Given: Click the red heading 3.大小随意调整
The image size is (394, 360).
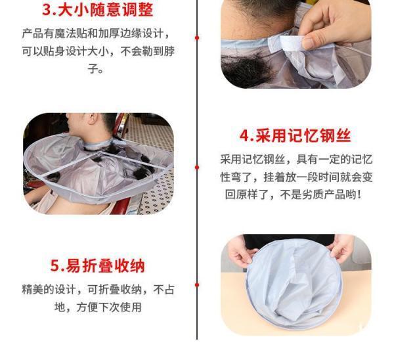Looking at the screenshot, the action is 97,10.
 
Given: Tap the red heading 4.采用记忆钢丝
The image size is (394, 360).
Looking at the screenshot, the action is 295,135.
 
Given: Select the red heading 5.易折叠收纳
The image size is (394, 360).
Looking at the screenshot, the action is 97,265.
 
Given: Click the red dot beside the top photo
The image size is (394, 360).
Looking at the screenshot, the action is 197,37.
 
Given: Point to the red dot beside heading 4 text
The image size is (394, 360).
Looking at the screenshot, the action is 197,167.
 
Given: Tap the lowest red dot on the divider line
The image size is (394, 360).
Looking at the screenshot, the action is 197,285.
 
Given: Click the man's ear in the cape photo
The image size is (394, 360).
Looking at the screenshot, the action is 93,119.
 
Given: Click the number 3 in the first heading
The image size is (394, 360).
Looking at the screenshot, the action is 47,10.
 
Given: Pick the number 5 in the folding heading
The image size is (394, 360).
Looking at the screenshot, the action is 55,265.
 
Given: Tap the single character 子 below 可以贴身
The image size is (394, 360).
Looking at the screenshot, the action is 93,68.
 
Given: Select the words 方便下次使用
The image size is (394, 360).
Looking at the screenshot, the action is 109,307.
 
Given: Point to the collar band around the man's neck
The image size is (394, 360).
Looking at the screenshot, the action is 98,145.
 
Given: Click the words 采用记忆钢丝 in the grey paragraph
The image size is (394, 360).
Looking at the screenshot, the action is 253,160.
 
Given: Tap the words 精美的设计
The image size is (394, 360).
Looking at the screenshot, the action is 49,289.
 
